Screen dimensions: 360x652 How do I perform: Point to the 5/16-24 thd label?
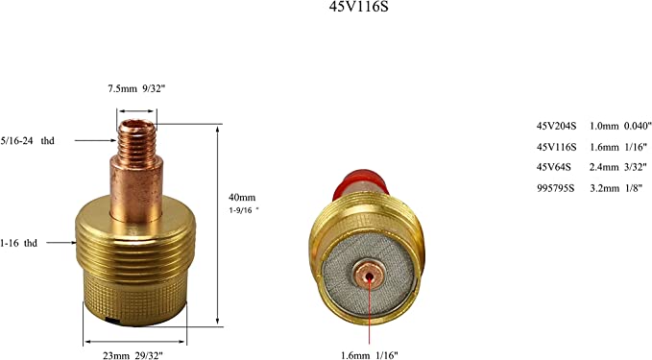coord(28,140)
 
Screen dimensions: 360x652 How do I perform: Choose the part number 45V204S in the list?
coord(556,126)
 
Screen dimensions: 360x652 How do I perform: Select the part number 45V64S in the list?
coord(554,166)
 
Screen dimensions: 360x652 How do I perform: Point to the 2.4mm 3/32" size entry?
coord(616,166)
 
